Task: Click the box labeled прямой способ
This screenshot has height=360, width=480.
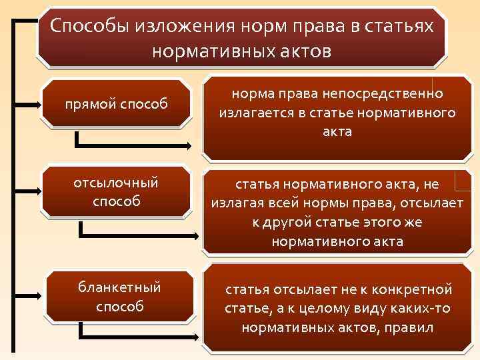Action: click(115, 104)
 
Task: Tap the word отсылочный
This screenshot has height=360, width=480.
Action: click(117, 182)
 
